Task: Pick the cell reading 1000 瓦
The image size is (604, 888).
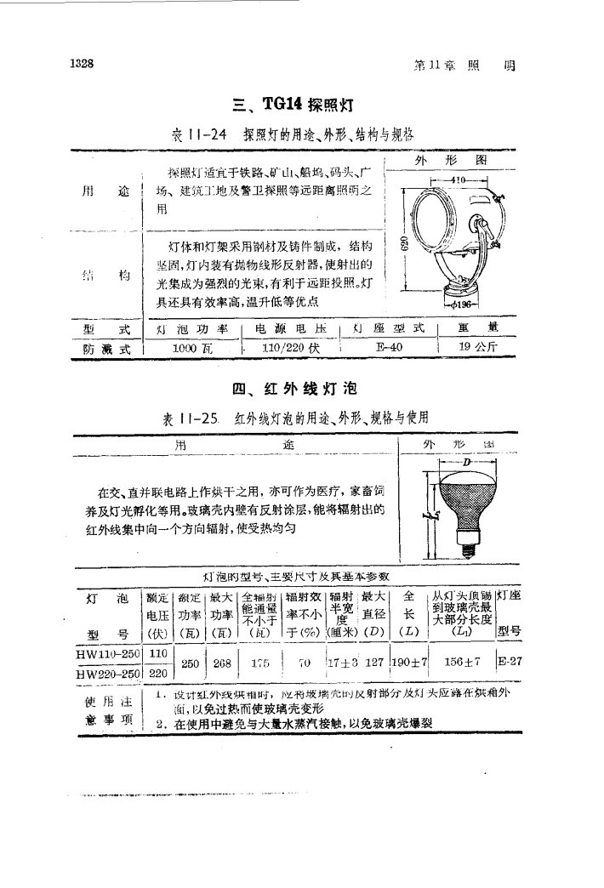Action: click(192, 347)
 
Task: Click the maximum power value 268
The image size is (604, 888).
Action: click(223, 663)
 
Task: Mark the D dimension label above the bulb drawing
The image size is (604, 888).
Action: click(466, 460)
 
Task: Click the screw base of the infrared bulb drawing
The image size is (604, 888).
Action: click(466, 549)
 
